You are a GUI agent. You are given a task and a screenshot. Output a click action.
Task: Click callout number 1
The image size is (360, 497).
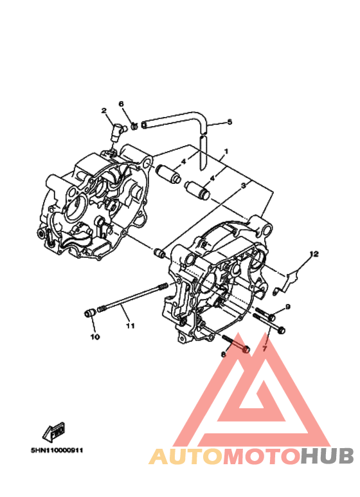[226, 152]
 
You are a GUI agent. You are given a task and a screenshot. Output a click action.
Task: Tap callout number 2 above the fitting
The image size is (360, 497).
[104, 111]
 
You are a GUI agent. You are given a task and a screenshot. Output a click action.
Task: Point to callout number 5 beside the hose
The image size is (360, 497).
[230, 122]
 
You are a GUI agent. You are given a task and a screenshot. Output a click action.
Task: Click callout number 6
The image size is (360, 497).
[121, 104]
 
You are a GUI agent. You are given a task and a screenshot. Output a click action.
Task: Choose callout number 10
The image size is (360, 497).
[95, 337]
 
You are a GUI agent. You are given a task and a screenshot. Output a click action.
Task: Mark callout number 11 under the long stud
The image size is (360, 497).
[130, 325]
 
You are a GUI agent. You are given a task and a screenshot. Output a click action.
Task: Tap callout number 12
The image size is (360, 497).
[314, 254]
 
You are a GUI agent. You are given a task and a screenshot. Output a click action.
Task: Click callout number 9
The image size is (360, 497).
[288, 307]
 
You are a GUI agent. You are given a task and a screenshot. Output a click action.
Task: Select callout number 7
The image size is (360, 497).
[265, 348]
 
